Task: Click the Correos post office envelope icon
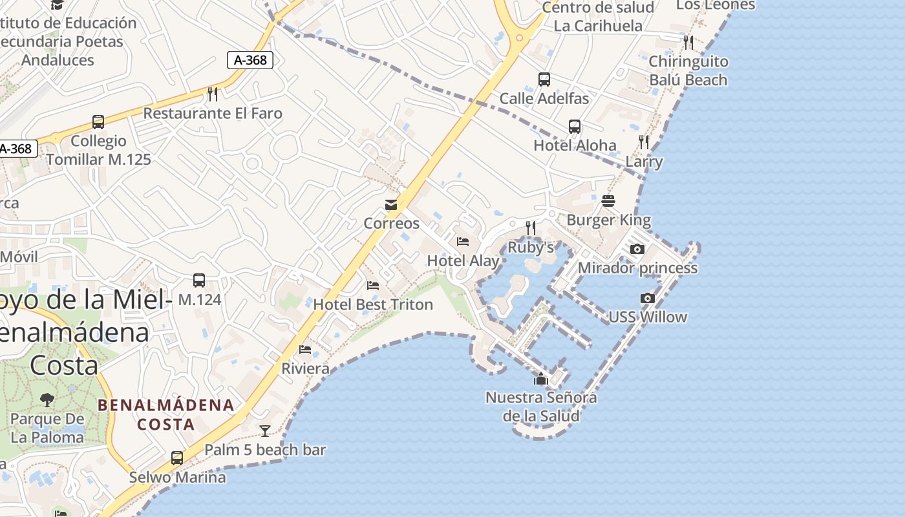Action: [x=391, y=205]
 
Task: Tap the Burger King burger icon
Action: [x=608, y=201]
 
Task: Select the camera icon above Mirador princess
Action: [x=637, y=249]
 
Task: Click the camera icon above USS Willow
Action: [x=647, y=298]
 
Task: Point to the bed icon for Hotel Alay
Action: [x=463, y=242]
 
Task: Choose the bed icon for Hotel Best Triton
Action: [x=373, y=285]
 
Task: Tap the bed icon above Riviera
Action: [x=305, y=350]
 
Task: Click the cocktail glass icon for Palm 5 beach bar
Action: [x=265, y=430]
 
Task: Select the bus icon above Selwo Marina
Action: [x=177, y=458]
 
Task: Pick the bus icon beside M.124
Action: [x=199, y=280]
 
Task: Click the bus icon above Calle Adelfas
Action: [x=544, y=79]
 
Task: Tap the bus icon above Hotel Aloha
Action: [x=575, y=127]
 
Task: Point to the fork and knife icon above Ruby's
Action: [x=531, y=227]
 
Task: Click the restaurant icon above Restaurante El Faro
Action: [x=213, y=94]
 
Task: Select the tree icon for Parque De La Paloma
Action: [x=47, y=399]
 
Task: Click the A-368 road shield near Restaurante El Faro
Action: [x=250, y=61]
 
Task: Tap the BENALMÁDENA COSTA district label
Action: [x=166, y=415]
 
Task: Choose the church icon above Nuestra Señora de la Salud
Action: [x=541, y=379]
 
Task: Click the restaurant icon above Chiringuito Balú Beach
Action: [x=688, y=43]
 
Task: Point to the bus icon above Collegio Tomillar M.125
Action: [x=98, y=122]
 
